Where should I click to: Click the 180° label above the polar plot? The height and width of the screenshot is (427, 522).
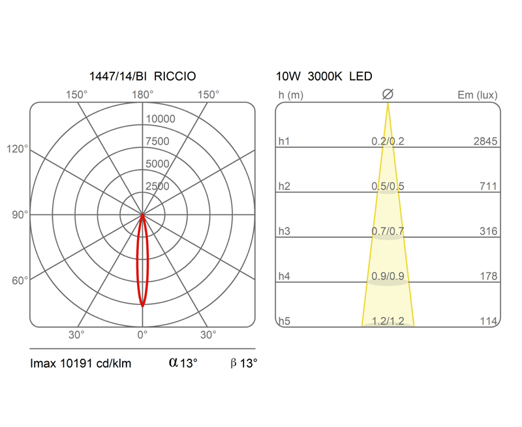click(x=142, y=95)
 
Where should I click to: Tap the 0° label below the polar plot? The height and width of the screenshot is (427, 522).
click(x=142, y=335)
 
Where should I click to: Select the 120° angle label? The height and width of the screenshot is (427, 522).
click(x=18, y=149)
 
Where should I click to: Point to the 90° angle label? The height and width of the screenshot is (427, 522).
click(x=20, y=215)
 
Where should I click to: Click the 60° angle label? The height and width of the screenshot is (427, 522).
click(x=20, y=281)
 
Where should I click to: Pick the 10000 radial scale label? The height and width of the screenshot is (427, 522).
click(x=161, y=119)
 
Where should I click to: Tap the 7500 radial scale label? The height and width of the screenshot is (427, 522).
click(x=157, y=141)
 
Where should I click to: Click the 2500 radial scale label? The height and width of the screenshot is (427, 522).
click(x=157, y=186)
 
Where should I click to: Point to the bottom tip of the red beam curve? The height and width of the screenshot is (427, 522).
click(x=142, y=306)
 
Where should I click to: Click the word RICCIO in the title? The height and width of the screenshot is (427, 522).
click(x=175, y=76)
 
